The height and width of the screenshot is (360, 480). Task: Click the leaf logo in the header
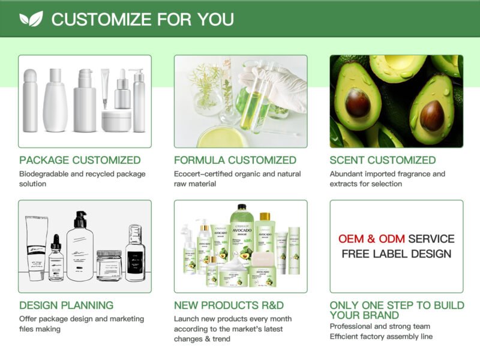[31, 19]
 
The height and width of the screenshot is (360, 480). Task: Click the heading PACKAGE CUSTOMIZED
[80, 160]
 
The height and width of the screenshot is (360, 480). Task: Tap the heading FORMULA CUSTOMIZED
[235, 160]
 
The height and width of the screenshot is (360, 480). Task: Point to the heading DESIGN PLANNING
[66, 305]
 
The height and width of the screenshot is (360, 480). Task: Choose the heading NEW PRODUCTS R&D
[229, 305]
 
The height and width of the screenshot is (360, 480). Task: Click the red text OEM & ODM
[371, 239]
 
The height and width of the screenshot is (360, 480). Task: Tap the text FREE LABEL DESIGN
[397, 254]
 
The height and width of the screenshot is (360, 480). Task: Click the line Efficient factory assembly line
[381, 337]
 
